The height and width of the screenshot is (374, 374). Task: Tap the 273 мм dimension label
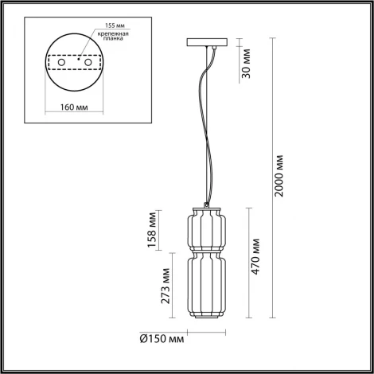click(x=166, y=287)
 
